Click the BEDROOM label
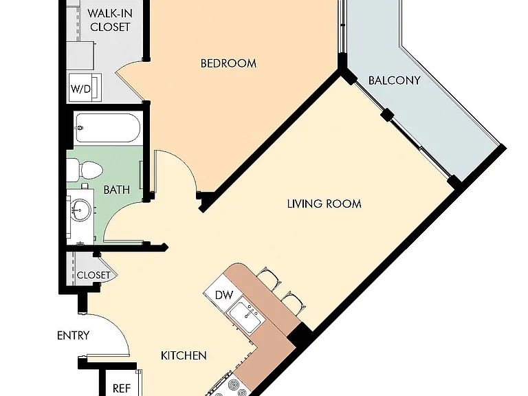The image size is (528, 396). point(228,63)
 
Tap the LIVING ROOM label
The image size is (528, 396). point(324,203)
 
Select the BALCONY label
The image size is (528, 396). point(395,80)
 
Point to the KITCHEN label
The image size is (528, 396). point(184,355)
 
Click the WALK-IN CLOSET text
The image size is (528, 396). point(110,20)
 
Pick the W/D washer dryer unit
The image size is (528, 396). point(85,87)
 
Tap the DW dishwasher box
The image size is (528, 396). point(223,294)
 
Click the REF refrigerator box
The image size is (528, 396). point(121,383)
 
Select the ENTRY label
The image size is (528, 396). point(74,335)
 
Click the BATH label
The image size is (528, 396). point(116,190)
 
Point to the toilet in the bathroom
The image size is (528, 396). point(85,170)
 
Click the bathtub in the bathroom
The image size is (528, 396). point(108,128)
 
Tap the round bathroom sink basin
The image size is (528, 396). point(81,210)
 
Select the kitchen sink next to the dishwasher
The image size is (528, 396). point(245,317)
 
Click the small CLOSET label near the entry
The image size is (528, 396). point(93,275)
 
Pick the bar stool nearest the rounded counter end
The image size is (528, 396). point(269,278)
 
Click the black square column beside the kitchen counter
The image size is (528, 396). point(299,335)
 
